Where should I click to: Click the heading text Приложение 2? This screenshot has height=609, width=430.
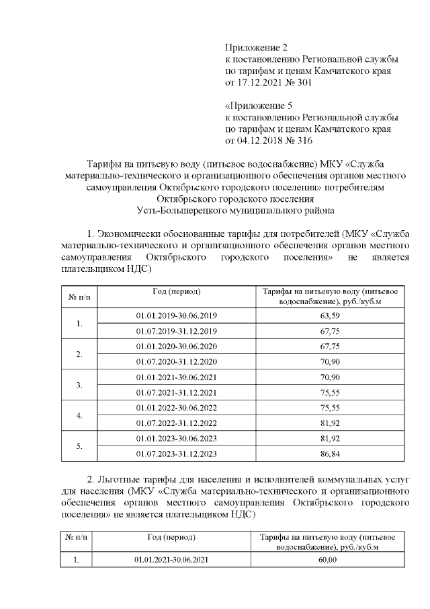point(255,48)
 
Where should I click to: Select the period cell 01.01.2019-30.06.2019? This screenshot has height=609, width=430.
point(177,316)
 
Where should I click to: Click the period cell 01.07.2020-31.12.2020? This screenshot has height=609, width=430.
point(177,361)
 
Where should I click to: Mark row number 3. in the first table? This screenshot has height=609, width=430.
point(79,385)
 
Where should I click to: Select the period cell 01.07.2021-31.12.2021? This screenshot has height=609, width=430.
point(177,392)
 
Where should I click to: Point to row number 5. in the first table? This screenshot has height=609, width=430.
point(79,446)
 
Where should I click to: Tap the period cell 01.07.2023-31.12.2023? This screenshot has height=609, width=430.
point(177,454)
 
